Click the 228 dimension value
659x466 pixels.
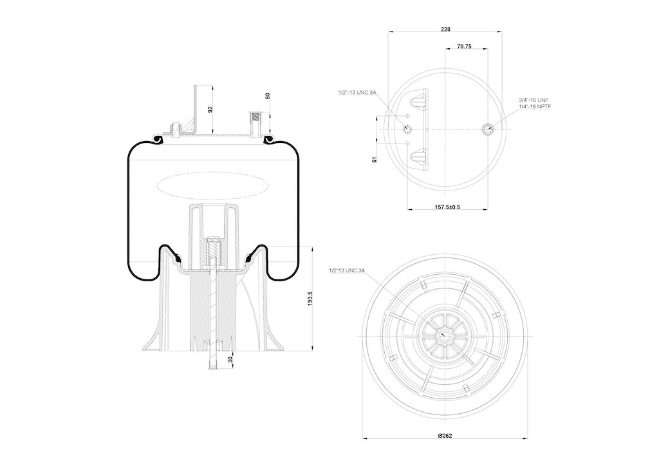tap(445, 28)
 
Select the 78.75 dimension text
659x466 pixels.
tap(465, 47)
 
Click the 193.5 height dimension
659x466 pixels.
tap(310, 299)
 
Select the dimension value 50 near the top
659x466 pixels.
tap(267, 97)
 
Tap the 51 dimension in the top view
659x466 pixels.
tap(374, 160)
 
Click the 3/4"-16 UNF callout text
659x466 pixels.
tap(534, 100)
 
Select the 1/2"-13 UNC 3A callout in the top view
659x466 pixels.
tap(357, 93)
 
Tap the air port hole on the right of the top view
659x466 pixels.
tap(488, 129)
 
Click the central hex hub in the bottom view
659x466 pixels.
tap(445, 333)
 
